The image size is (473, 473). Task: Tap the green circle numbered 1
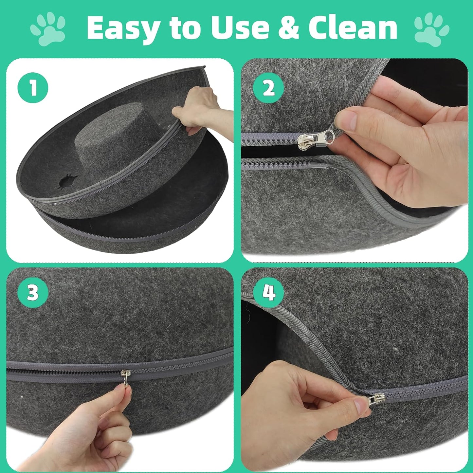click(33, 87)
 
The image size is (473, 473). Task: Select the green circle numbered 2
click(268, 87)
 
